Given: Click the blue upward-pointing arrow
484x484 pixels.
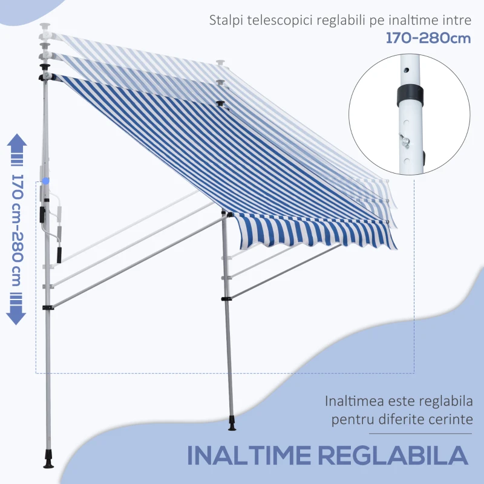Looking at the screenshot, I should tap(16, 145).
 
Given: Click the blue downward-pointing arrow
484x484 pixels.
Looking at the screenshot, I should tap(16, 313).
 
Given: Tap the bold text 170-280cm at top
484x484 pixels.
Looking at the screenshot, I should tap(428, 38).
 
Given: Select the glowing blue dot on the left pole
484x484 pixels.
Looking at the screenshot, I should tap(47, 180).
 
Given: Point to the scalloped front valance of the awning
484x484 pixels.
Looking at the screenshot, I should tap(315, 236).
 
